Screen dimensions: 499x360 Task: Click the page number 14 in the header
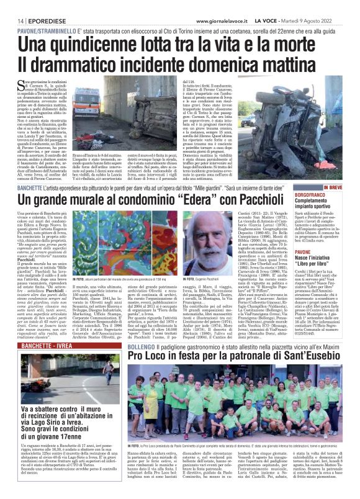point(11,5)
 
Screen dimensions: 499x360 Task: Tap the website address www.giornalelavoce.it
point(222,5)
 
